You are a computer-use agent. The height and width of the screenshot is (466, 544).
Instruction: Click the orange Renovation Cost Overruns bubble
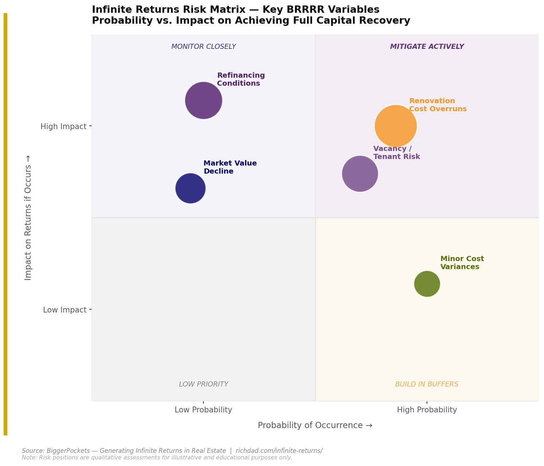(x=396, y=126)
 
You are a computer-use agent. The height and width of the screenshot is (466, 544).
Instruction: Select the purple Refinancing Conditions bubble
(x=203, y=100)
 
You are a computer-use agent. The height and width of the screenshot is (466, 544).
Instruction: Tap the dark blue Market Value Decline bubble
(x=190, y=188)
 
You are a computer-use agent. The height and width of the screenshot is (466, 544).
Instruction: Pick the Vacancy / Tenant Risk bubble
(x=360, y=174)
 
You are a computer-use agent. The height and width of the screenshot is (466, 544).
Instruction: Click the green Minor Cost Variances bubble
(x=427, y=284)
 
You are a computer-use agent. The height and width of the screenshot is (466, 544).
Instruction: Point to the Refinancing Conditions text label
(x=241, y=79)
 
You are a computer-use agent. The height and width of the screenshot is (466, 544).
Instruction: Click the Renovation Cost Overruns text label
(x=438, y=105)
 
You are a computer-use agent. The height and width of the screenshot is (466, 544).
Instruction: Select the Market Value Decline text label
(x=230, y=167)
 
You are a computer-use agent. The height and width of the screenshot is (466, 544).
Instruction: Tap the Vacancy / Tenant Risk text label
(x=396, y=153)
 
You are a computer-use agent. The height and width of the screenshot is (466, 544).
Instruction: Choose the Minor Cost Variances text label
(x=462, y=263)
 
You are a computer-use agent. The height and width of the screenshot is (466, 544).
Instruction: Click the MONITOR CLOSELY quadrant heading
(x=203, y=47)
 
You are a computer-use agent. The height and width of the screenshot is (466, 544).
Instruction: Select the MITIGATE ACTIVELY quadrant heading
(x=427, y=47)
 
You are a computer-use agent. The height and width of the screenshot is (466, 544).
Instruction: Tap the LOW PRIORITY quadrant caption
(x=203, y=384)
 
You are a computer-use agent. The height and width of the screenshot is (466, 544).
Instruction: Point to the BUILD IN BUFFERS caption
(x=427, y=384)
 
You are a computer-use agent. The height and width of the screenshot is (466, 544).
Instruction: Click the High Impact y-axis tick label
(x=63, y=127)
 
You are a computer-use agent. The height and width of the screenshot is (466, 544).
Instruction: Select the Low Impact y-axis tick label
(x=65, y=310)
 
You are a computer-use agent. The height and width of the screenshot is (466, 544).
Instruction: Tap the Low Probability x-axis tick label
(x=203, y=410)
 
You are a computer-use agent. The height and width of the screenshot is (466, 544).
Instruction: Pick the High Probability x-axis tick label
(x=427, y=410)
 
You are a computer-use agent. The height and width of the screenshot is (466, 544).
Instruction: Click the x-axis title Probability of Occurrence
(x=315, y=426)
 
